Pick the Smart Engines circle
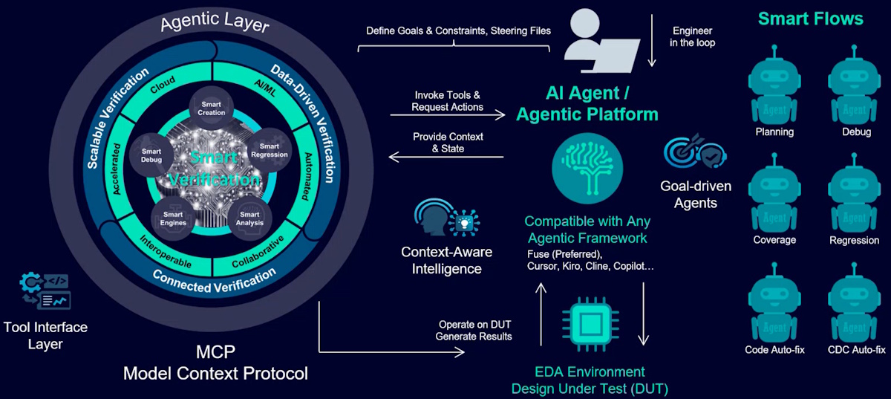pos(173,218)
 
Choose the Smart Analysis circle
pos(245,217)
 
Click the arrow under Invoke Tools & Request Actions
pos(447,115)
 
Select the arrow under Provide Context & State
pos(447,157)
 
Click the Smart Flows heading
pos(810,18)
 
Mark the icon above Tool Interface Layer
pos(45,291)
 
